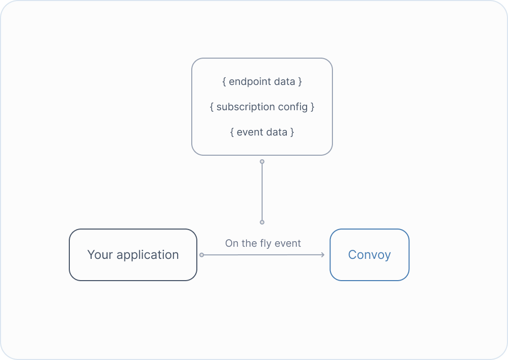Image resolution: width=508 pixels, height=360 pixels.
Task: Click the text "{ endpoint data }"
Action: (x=262, y=81)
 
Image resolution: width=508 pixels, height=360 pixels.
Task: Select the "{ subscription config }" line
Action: (x=262, y=107)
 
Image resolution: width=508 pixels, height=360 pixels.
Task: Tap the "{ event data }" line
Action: (x=262, y=132)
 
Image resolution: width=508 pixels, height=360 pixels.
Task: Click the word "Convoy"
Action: (x=369, y=255)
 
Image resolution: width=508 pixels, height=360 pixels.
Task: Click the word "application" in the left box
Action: (x=148, y=255)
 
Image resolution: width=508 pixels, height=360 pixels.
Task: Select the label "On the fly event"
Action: (x=263, y=243)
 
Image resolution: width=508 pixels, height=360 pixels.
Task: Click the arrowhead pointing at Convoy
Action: (x=322, y=255)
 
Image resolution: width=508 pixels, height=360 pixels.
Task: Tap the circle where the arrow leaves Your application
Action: (x=201, y=255)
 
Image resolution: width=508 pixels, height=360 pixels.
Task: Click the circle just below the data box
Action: (x=262, y=162)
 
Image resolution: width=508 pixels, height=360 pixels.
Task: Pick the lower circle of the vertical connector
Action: (x=262, y=222)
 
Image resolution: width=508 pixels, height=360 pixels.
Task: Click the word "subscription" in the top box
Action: (x=245, y=107)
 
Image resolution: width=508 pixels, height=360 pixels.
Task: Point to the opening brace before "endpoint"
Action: (x=224, y=81)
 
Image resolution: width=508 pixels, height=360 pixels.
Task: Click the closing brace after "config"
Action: (x=313, y=107)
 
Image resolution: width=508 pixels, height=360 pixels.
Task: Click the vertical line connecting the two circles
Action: (x=262, y=192)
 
